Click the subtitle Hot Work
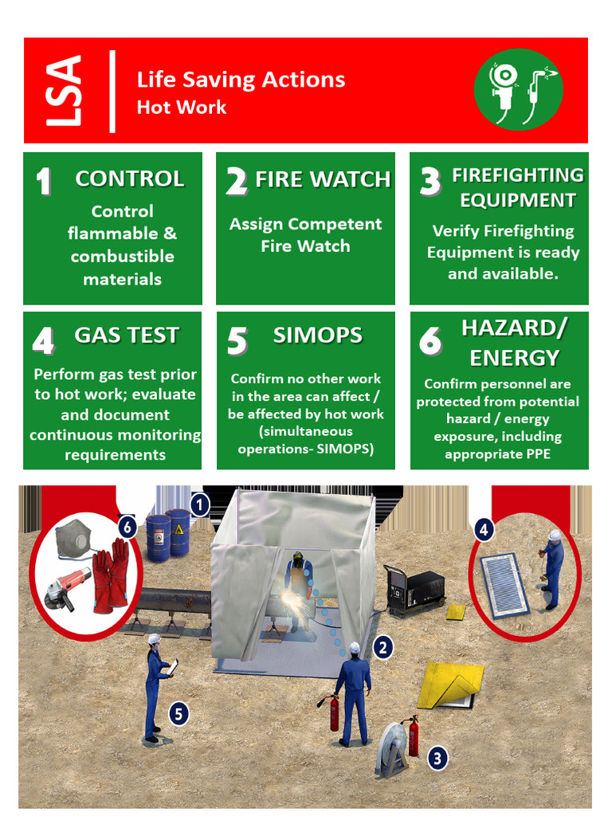pyautogui.click(x=182, y=108)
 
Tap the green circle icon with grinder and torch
pyautogui.click(x=518, y=89)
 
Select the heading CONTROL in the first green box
pyautogui.click(x=129, y=179)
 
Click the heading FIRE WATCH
pyautogui.click(x=323, y=180)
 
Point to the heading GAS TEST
pyautogui.click(x=127, y=335)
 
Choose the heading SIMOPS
pyautogui.click(x=317, y=335)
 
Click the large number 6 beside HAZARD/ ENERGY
pyautogui.click(x=430, y=341)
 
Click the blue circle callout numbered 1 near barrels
pyautogui.click(x=198, y=504)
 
